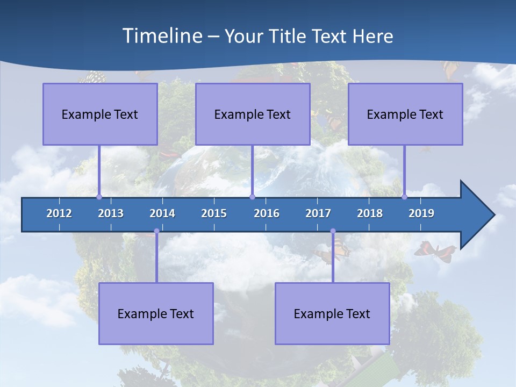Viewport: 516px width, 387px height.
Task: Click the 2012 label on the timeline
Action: (x=59, y=213)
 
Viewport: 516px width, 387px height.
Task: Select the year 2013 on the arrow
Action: (x=111, y=213)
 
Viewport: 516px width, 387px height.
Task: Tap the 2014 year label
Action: (x=162, y=213)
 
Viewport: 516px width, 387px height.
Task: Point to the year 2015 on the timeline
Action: (x=214, y=213)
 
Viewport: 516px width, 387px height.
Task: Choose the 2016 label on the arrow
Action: (x=267, y=213)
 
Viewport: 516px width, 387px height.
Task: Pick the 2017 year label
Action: (x=318, y=213)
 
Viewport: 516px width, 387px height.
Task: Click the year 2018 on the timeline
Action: (x=370, y=213)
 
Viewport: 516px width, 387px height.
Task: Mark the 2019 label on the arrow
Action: (x=421, y=213)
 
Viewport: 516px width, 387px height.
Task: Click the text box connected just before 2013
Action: (x=100, y=114)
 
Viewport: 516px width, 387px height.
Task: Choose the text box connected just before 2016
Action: (x=253, y=114)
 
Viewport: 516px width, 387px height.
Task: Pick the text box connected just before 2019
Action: (x=405, y=114)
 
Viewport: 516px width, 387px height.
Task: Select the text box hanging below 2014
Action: (x=156, y=313)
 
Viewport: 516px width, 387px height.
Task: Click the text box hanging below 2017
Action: (x=332, y=313)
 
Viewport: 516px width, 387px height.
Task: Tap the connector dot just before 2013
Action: (x=99, y=197)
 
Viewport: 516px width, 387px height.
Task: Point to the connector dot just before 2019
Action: (x=404, y=197)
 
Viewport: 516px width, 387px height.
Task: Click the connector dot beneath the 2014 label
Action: (x=156, y=231)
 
